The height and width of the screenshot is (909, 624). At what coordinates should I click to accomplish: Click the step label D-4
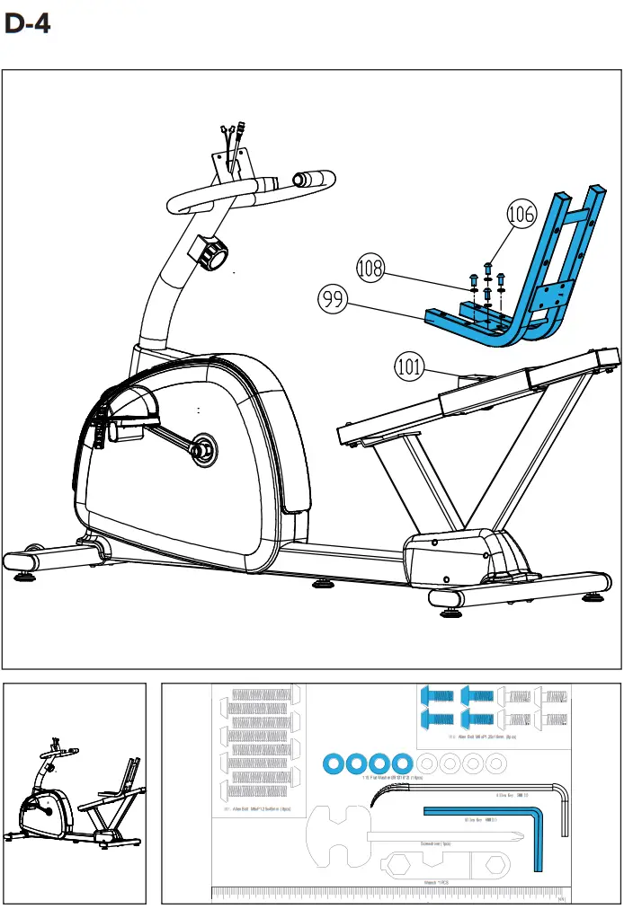(27, 23)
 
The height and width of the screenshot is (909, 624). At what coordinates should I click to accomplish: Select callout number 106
(521, 215)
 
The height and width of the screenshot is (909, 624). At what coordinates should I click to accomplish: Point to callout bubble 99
(334, 299)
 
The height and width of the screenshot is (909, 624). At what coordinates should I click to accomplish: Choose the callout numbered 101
(410, 366)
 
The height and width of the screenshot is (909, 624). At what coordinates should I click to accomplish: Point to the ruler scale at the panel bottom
(387, 893)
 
